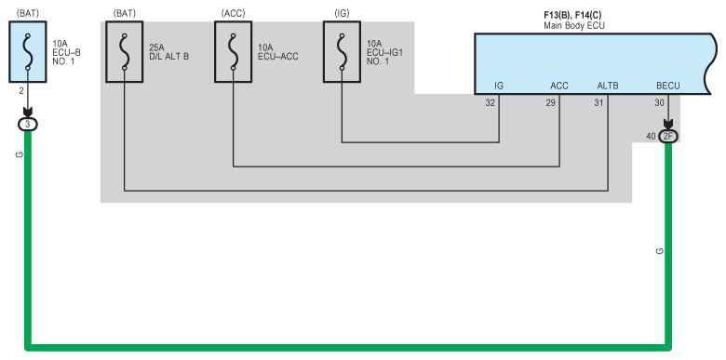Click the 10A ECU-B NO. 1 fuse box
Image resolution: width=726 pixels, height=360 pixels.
pos(28,52)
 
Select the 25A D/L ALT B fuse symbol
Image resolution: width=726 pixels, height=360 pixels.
pos(124,52)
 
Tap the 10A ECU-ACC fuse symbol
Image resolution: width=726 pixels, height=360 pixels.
pos(233,52)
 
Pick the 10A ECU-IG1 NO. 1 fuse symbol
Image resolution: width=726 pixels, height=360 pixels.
pos(342,52)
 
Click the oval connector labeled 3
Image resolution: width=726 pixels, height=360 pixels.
pos(28,124)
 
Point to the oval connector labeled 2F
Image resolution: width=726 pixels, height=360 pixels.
pos(668,136)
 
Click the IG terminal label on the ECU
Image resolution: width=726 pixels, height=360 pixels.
pos(499,87)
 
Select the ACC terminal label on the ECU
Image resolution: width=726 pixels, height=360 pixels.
pos(559,87)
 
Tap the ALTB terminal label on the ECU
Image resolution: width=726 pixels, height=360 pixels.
pos(608,87)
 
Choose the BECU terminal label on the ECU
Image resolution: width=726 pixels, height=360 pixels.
pos(668,87)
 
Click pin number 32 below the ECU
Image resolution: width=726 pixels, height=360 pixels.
pos(490,103)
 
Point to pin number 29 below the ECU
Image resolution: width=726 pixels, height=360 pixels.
pos(550,103)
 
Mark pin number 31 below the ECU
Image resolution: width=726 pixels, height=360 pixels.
pos(598,103)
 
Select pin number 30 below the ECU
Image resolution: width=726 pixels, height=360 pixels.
pos(659,103)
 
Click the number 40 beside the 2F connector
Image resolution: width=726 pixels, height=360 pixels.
pos(651,136)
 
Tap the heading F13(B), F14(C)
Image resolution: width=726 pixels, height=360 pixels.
pos(572,15)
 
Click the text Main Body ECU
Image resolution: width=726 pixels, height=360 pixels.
pos(574,25)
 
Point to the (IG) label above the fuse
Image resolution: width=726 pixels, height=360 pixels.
pos(342,12)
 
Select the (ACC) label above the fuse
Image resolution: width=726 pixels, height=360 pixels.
pos(233,12)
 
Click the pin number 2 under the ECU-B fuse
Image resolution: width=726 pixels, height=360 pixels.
pos(20,91)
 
